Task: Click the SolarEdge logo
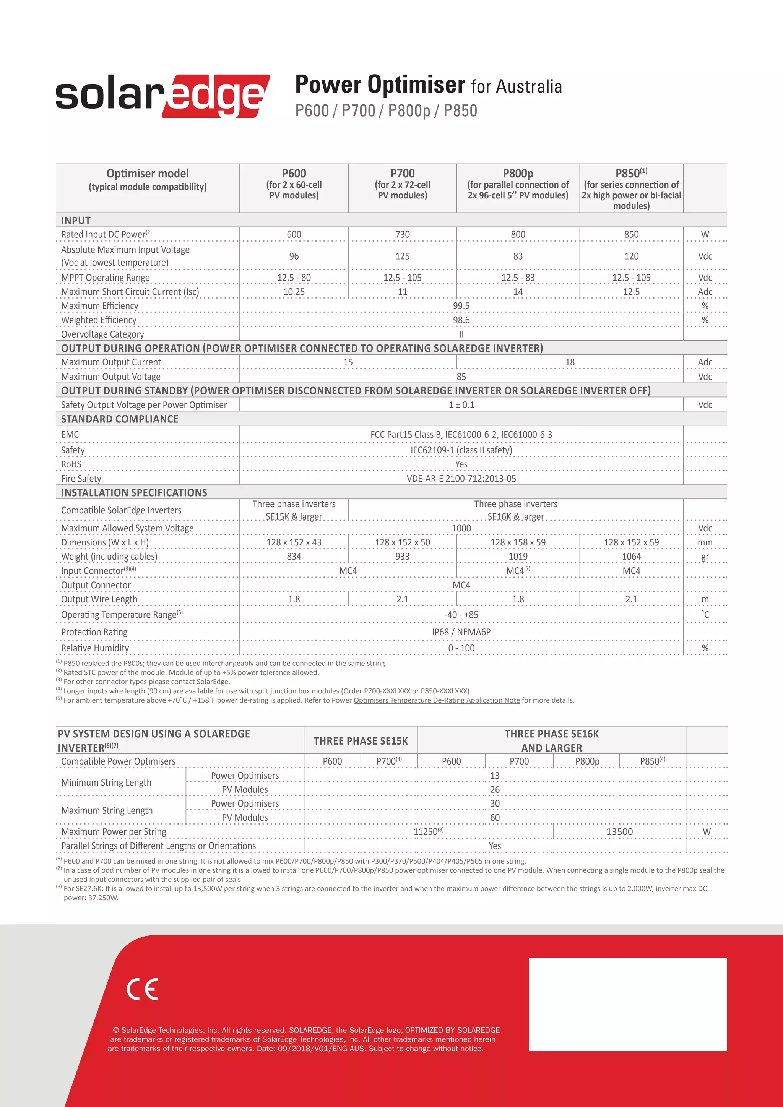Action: coord(162,96)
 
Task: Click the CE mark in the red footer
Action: coord(142,989)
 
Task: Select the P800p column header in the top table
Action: coord(518,174)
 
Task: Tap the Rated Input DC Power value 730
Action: coord(402,234)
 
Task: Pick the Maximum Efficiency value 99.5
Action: coord(461,306)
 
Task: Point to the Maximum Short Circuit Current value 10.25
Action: coord(294,291)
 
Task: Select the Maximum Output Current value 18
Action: coord(569,362)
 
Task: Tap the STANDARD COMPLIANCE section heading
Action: coord(120,419)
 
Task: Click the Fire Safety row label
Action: coord(81,478)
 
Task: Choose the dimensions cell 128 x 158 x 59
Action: coord(518,542)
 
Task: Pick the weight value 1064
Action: coord(631,557)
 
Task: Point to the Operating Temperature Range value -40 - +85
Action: coord(461,614)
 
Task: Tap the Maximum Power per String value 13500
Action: coord(619,831)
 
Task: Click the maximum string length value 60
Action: coord(495,817)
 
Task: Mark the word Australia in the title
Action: coord(528,87)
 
